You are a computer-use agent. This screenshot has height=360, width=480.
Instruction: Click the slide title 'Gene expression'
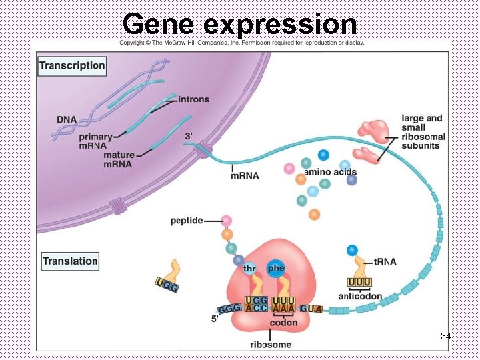(240, 24)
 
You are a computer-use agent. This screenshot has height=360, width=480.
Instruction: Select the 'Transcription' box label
(72, 65)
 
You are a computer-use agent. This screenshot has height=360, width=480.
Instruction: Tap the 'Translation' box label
(70, 261)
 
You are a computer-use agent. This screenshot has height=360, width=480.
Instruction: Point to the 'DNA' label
(66, 119)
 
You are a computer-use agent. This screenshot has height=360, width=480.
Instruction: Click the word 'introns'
(193, 99)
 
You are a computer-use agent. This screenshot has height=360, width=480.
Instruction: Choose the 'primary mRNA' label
(95, 141)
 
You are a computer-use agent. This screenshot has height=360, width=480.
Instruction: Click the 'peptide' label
(186, 220)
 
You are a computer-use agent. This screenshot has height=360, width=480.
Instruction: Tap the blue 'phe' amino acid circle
(275, 268)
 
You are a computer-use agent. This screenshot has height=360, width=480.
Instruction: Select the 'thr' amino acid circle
(249, 269)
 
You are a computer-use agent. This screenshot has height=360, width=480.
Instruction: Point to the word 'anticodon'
(360, 297)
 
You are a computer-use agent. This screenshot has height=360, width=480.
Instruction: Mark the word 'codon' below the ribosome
(283, 323)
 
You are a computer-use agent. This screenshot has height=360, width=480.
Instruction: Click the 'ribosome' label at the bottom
(271, 344)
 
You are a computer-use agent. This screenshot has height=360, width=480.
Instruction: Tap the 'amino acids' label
(330, 172)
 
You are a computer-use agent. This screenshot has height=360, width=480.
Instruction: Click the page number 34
(445, 337)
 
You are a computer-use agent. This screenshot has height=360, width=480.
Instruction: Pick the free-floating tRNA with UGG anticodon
(169, 277)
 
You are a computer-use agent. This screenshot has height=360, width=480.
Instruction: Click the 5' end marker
(215, 319)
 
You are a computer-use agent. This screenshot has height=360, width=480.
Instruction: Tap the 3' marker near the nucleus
(189, 136)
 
